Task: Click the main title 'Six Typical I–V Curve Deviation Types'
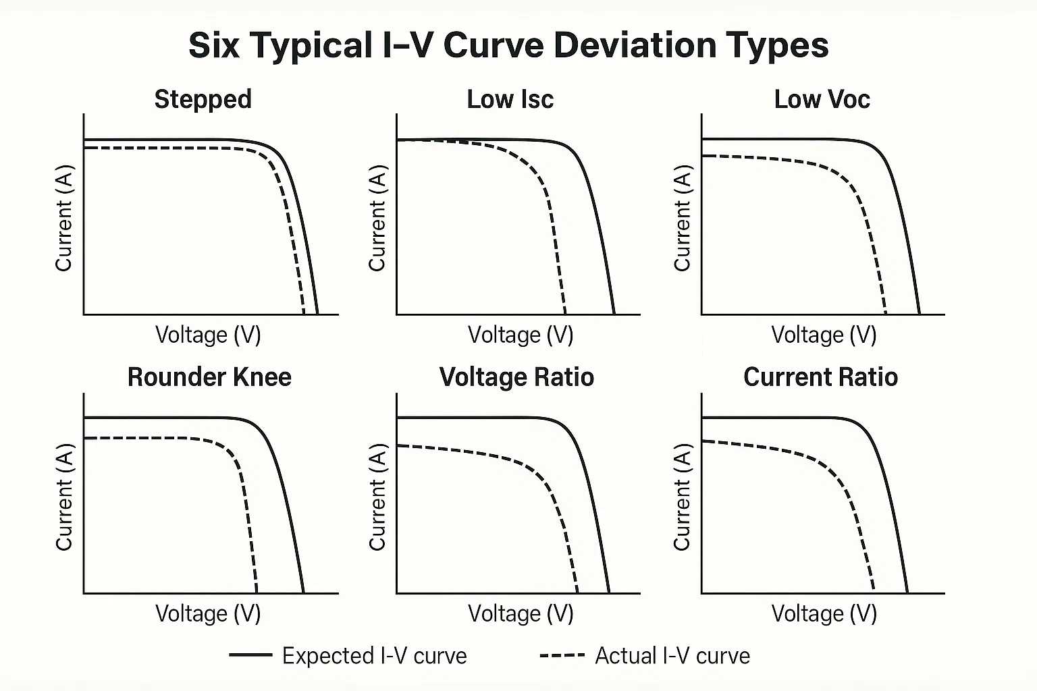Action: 508,46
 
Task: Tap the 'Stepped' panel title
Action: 203,99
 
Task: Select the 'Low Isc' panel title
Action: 510,99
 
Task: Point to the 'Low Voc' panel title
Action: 822,99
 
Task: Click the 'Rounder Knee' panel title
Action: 209,377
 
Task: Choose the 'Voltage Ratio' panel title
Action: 516,377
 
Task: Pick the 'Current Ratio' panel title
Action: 820,377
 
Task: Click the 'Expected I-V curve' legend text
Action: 374,656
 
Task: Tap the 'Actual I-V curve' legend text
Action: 672,656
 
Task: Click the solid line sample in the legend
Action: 250,655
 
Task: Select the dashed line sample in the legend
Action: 562,655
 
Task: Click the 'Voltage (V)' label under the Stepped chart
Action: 208,335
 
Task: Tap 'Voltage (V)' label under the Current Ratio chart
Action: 824,613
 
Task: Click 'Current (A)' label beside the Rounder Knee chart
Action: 63,497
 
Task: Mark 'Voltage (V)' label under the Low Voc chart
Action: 824,335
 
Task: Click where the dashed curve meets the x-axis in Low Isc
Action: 565,314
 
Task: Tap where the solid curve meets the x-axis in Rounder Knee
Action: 303,592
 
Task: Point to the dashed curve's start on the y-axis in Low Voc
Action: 703,156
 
